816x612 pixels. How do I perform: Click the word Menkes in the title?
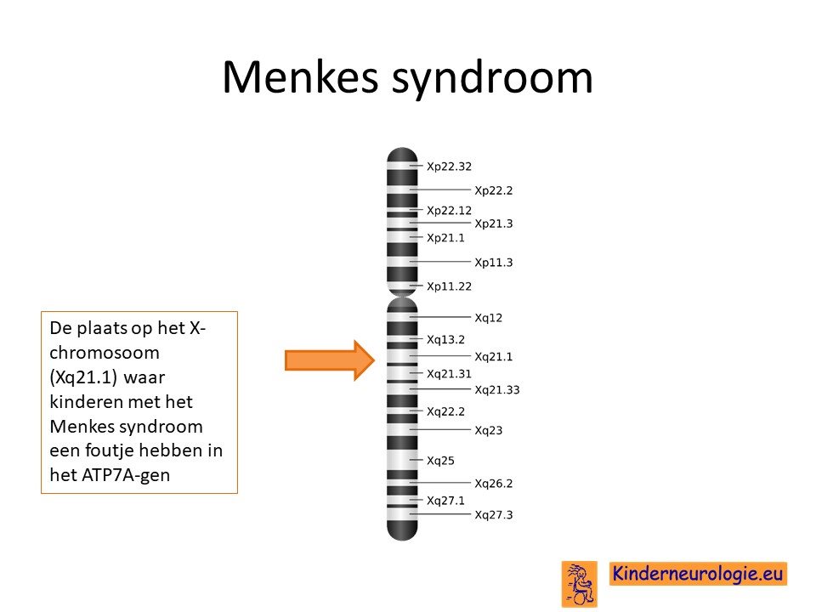pyautogui.click(x=300, y=77)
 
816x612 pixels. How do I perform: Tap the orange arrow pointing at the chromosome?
pyautogui.click(x=330, y=360)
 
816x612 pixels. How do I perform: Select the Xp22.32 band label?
pyautogui.click(x=449, y=167)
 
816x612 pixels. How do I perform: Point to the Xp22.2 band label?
pyautogui.click(x=493, y=190)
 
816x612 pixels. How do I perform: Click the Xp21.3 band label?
pyautogui.click(x=493, y=224)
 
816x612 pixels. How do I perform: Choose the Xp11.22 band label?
pyautogui.click(x=449, y=286)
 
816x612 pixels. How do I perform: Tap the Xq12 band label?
pyautogui.click(x=488, y=318)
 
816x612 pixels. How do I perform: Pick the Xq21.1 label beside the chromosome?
pyautogui.click(x=493, y=357)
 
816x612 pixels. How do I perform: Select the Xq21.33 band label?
pyautogui.click(x=497, y=390)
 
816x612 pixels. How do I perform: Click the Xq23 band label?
pyautogui.click(x=488, y=430)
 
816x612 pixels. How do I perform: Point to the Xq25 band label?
pyautogui.click(x=440, y=461)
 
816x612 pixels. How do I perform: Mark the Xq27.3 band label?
pyautogui.click(x=493, y=515)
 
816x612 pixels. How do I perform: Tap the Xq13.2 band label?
pyautogui.click(x=445, y=340)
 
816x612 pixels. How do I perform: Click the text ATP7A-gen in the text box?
pyautogui.click(x=126, y=475)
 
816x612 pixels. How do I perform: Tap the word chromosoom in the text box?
pyautogui.click(x=105, y=353)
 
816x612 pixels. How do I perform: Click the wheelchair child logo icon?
pyautogui.click(x=579, y=584)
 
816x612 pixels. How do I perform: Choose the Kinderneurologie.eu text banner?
pyautogui.click(x=698, y=574)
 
